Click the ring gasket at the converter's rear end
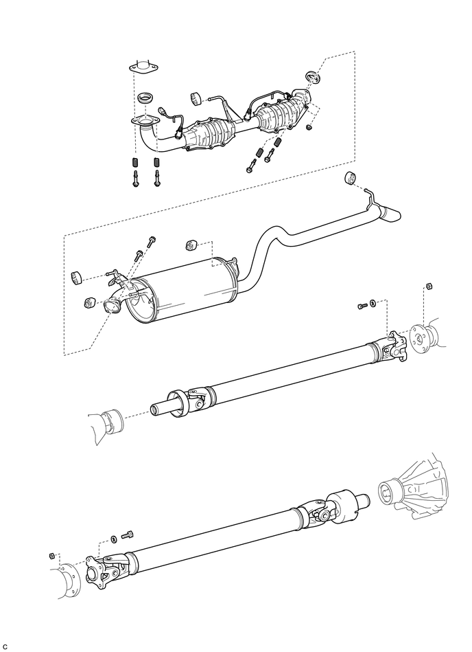tap(313, 77)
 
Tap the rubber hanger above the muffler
tap(191, 245)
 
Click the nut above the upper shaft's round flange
tap(429, 286)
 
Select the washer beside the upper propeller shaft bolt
tap(373, 303)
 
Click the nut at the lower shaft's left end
tap(52, 556)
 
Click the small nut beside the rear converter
tap(309, 126)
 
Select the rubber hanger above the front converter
tap(195, 98)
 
